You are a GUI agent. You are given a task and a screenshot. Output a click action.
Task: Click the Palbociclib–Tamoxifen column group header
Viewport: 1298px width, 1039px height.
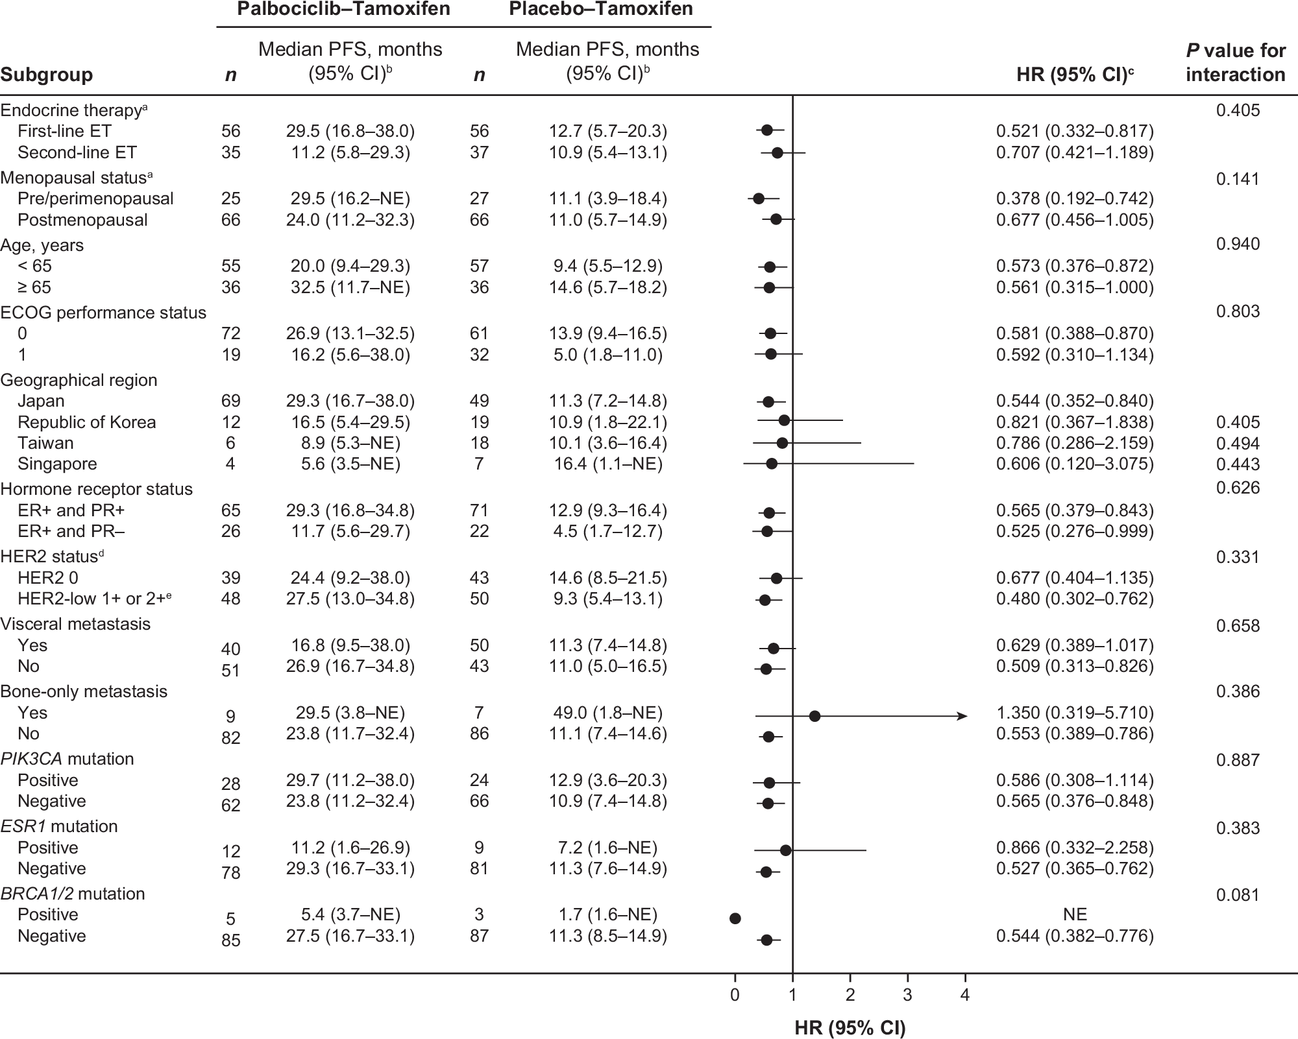(343, 10)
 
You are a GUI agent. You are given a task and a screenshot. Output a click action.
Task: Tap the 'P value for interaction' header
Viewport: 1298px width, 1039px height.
(1235, 62)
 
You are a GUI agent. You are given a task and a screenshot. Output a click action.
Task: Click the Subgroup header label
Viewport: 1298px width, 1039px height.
(46, 75)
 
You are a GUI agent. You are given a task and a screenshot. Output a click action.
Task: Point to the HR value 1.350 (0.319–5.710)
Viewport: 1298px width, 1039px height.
(1075, 713)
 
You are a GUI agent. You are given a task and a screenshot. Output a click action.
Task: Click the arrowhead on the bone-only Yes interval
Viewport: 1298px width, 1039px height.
(963, 716)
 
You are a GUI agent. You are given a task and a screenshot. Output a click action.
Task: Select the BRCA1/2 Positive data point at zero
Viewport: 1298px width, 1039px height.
(735, 918)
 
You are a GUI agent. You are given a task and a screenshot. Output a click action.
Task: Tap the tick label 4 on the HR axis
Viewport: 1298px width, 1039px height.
(965, 995)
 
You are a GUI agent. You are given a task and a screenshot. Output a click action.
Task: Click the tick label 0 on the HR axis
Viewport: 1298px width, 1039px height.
(735, 995)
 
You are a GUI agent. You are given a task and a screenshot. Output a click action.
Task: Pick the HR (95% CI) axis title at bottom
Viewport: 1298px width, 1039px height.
(850, 1027)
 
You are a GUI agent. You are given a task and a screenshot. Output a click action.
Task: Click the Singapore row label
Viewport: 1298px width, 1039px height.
(57, 464)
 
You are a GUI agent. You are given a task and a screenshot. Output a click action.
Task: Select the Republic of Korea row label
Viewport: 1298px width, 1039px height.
(86, 422)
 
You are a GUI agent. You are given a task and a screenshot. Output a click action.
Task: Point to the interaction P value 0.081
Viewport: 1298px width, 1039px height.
(1238, 895)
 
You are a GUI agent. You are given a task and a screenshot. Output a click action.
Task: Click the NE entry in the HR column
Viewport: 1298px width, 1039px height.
(1075, 914)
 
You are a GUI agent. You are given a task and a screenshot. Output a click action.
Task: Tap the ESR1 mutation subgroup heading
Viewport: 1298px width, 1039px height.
(59, 826)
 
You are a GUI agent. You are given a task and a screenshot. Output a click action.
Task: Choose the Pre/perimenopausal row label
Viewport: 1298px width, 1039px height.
(95, 198)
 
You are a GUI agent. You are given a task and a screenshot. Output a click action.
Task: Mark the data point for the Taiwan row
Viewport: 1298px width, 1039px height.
(782, 443)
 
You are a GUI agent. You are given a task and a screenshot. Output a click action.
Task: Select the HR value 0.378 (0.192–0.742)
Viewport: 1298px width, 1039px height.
(1075, 198)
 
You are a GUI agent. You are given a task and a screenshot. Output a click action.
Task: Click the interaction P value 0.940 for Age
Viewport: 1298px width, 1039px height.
(1238, 244)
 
